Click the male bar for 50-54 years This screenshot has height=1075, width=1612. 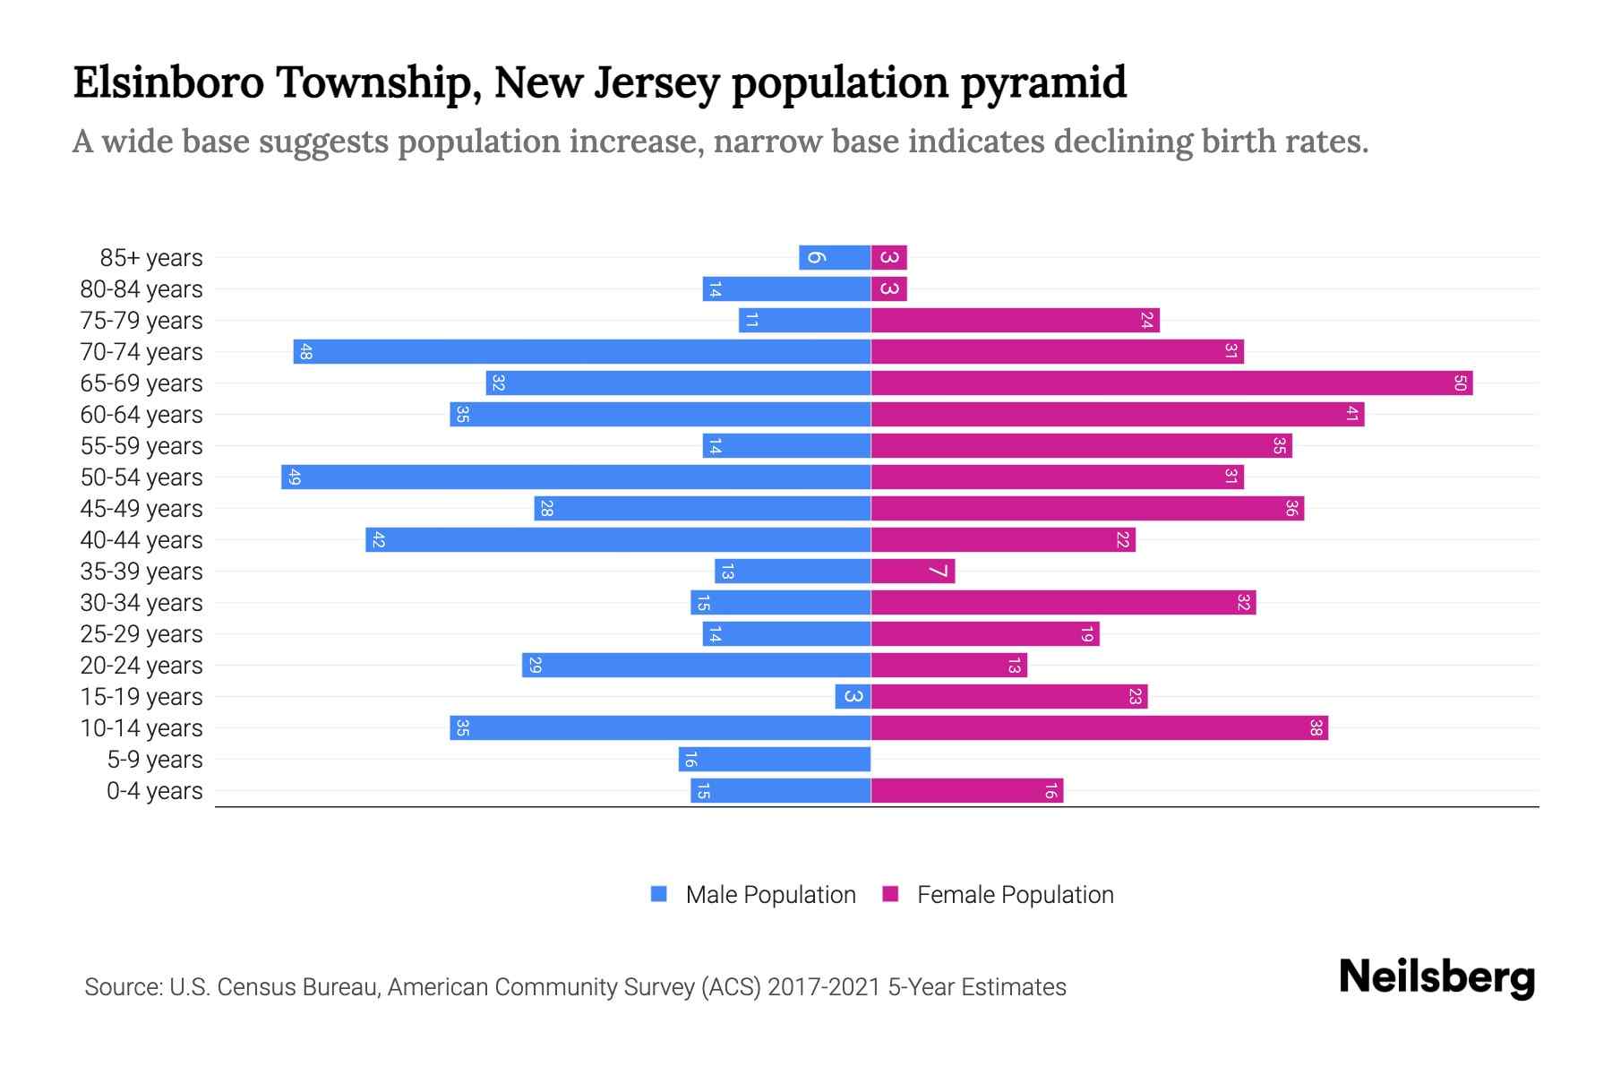click(x=576, y=477)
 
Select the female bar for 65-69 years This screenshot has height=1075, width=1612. click(x=1171, y=383)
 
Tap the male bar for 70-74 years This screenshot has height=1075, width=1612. click(x=582, y=351)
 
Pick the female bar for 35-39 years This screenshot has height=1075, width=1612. click(x=913, y=571)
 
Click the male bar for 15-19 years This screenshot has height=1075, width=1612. click(x=853, y=696)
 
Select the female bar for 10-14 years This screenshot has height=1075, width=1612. click(x=1099, y=727)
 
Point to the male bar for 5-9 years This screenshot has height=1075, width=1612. click(x=775, y=759)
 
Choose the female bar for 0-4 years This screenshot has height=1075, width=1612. click(x=967, y=790)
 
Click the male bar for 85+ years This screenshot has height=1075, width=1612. click(x=835, y=257)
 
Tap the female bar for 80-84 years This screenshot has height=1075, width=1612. click(x=889, y=288)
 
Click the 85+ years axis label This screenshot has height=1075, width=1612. click(x=151, y=258)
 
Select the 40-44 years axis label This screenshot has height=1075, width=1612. click(x=141, y=540)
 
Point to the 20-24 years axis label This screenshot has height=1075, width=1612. click(x=141, y=666)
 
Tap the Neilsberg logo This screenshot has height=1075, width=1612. click(x=1436, y=977)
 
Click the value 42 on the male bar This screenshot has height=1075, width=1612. click(x=378, y=539)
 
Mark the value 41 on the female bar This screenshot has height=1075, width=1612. click(x=1352, y=414)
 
